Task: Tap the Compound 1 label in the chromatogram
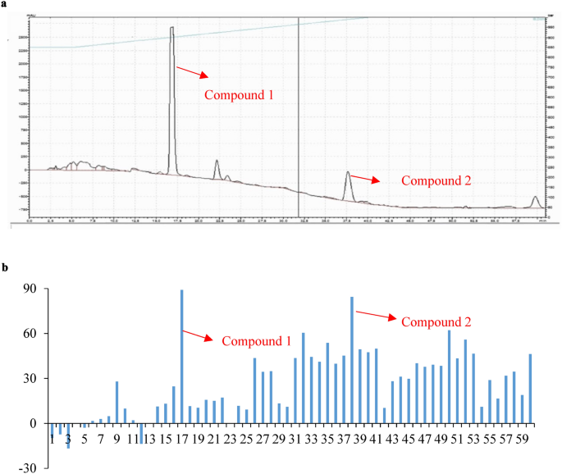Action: pos(239,95)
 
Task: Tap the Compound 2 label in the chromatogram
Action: pos(435,180)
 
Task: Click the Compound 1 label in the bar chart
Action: pos(257,341)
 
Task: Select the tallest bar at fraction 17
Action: pos(181,357)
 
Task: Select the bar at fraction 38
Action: pos(352,360)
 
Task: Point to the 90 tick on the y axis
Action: pos(31,289)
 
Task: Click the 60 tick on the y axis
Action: pos(31,334)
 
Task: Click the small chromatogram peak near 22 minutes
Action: pos(217,168)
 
